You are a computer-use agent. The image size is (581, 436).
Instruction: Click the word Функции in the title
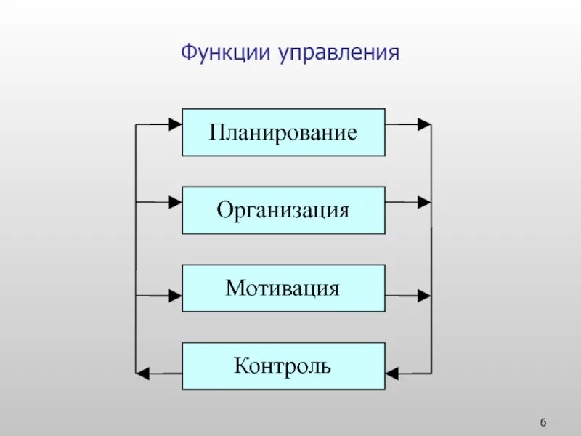pos(226,53)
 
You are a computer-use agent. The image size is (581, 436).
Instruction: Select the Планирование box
pos(283,132)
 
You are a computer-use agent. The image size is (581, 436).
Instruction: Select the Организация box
pos(283,210)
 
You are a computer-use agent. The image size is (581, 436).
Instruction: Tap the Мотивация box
pos(283,288)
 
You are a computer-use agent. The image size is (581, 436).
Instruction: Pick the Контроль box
pos(283,366)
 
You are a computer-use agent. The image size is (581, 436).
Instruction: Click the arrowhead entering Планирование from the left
pos(175,124)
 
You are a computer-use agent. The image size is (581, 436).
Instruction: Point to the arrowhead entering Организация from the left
pos(175,203)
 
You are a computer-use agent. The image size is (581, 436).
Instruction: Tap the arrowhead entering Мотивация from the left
pos(175,296)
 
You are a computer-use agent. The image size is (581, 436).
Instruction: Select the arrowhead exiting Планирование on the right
pos(424,124)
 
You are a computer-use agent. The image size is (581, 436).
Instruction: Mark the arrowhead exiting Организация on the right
pos(424,203)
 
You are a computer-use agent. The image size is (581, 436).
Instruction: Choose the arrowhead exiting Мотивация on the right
pos(424,296)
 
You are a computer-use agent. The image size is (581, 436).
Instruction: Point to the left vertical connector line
pos(136,247)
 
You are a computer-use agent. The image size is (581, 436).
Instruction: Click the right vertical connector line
pos(431,247)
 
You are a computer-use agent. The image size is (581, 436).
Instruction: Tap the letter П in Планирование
pos(216,133)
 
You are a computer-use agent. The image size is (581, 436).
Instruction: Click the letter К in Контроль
pos(241,366)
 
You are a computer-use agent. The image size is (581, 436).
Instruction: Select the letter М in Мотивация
pos(233,288)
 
